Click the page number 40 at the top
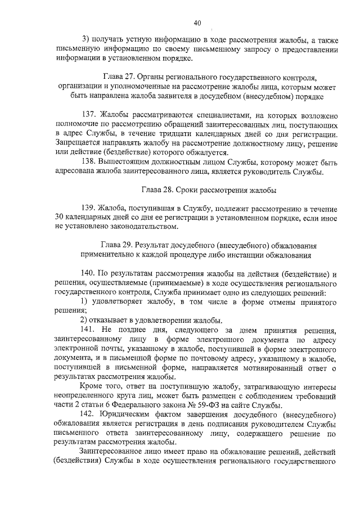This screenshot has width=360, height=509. click(x=196, y=23)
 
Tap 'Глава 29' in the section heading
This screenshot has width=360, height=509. click(x=117, y=246)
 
